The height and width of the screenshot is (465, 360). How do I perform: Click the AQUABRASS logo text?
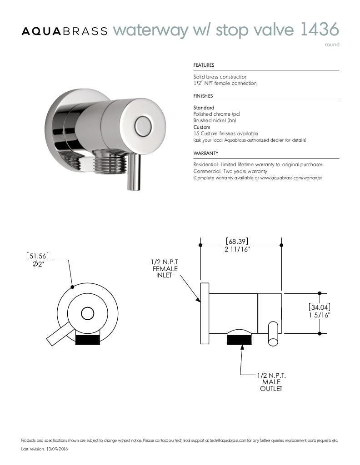[x=65, y=31]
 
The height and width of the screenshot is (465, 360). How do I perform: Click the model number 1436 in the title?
[x=320, y=30]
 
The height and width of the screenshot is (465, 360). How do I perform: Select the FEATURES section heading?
[x=204, y=65]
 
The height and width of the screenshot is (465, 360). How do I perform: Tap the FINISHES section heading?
[x=203, y=96]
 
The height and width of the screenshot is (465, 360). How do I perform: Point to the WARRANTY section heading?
[x=206, y=153]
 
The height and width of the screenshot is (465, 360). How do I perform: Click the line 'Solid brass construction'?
[x=220, y=77]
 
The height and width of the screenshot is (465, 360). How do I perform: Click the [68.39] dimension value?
[x=237, y=242]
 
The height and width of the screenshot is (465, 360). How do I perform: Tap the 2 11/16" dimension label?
[x=237, y=250]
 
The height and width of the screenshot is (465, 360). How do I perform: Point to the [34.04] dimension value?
[x=319, y=307]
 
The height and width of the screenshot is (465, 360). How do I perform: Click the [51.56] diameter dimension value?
[x=37, y=256]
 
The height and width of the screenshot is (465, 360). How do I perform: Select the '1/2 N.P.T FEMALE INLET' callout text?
[x=165, y=269]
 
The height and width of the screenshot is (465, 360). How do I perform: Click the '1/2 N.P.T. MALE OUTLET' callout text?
[x=271, y=382]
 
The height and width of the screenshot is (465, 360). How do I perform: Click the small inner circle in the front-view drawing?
[x=87, y=313]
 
